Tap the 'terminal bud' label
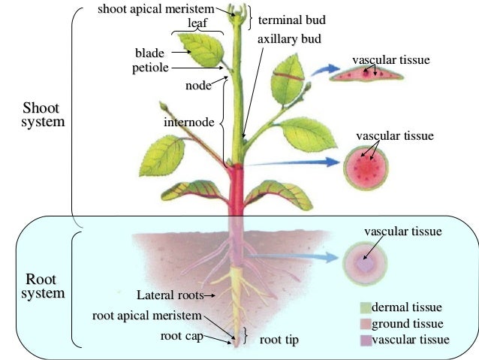tap(287, 20)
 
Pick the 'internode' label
tap(190, 121)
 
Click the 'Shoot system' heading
tap(44, 114)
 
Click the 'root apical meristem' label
tap(146, 315)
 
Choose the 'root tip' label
tap(279, 340)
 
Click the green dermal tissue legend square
tap(366, 307)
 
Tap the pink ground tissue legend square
tap(366, 323)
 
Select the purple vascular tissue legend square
tap(366, 340)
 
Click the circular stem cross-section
tap(367, 169)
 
